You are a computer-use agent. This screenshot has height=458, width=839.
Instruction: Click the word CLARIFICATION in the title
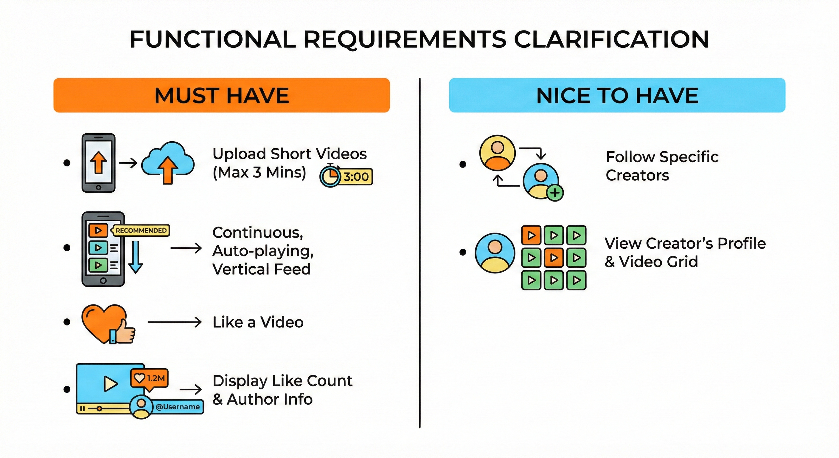[x=611, y=39]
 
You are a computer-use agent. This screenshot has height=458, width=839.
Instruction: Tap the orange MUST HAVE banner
[x=221, y=95]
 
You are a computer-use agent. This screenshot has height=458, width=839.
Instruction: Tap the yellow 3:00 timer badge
[x=356, y=177]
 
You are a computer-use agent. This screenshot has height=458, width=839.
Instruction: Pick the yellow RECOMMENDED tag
[x=141, y=230]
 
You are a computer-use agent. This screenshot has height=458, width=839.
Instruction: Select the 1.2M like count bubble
[x=150, y=378]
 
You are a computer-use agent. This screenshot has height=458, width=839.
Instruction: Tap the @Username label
[x=178, y=407]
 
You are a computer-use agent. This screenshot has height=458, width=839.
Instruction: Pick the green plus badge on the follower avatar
[x=555, y=193]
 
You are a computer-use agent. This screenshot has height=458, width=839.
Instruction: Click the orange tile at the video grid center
[x=553, y=258]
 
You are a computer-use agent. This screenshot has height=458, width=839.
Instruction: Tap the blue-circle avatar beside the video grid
[x=495, y=253]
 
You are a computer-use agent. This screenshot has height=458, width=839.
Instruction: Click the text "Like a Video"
[x=258, y=322]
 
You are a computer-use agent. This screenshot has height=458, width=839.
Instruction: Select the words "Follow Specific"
[x=662, y=157]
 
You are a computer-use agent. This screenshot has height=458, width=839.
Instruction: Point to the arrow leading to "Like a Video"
[x=175, y=322]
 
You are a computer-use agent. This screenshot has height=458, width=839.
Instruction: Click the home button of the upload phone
[x=98, y=188]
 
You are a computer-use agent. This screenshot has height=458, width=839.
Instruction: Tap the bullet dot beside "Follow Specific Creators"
[x=462, y=164]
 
